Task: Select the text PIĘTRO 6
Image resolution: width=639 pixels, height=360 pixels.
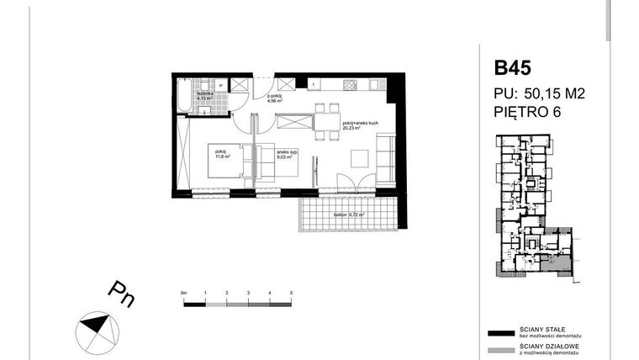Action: click(525, 110)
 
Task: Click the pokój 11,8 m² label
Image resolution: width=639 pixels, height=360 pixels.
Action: click(222, 154)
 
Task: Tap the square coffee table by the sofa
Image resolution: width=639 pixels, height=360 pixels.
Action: click(359, 157)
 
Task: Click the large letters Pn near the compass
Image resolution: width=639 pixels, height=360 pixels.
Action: click(120, 295)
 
